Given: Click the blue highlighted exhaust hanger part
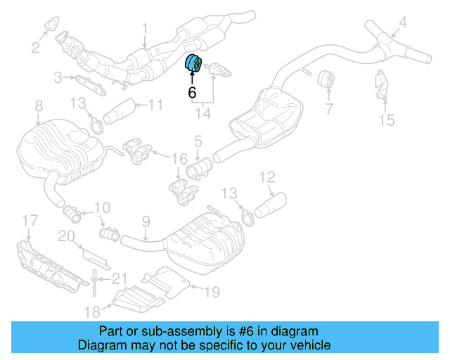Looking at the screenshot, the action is (x=193, y=63).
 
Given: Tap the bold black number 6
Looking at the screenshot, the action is (x=192, y=92).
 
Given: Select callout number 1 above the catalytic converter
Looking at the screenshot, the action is (x=146, y=29).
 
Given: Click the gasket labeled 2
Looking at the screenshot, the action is (x=51, y=23).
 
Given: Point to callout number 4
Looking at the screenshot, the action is (x=403, y=22).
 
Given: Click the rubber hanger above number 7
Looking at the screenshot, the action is (x=326, y=79).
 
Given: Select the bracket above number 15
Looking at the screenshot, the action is (x=381, y=85).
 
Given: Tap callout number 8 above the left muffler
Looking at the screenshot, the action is (x=39, y=105).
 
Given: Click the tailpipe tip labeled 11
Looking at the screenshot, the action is (x=119, y=112).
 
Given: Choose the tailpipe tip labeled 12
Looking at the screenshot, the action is (x=270, y=206).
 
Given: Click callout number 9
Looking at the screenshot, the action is (x=146, y=221).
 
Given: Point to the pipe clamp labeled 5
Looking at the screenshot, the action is (x=200, y=169).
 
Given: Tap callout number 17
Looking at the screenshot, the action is (x=30, y=221).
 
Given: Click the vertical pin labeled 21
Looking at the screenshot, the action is (x=94, y=283).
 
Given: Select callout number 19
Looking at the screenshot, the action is (x=212, y=292).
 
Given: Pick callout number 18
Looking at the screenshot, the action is (x=92, y=311).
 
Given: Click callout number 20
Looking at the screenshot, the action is (x=66, y=236).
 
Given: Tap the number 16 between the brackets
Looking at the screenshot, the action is (x=179, y=159).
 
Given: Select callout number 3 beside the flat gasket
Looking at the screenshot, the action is (x=58, y=77).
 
